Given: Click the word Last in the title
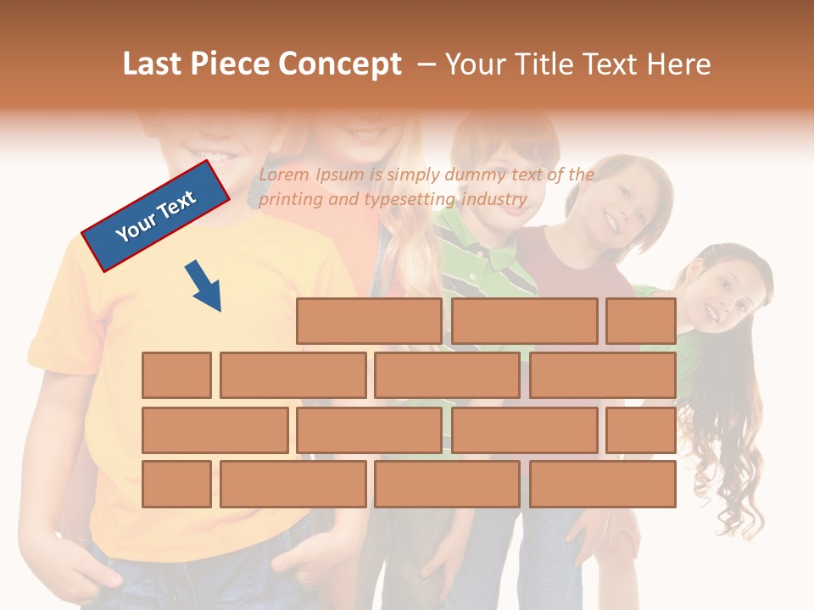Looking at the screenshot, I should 153,64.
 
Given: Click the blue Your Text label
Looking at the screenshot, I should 156,216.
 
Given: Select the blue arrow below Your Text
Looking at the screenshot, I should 204,286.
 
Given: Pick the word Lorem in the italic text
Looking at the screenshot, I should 284,175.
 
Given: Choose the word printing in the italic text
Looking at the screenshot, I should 290,200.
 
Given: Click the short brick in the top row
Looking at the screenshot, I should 641,321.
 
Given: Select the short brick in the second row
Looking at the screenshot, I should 176,375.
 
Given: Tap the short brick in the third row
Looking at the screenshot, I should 641,430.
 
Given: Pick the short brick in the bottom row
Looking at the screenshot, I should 176,485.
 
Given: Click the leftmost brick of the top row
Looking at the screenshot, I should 369,321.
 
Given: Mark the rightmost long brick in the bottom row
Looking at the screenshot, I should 603,485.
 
